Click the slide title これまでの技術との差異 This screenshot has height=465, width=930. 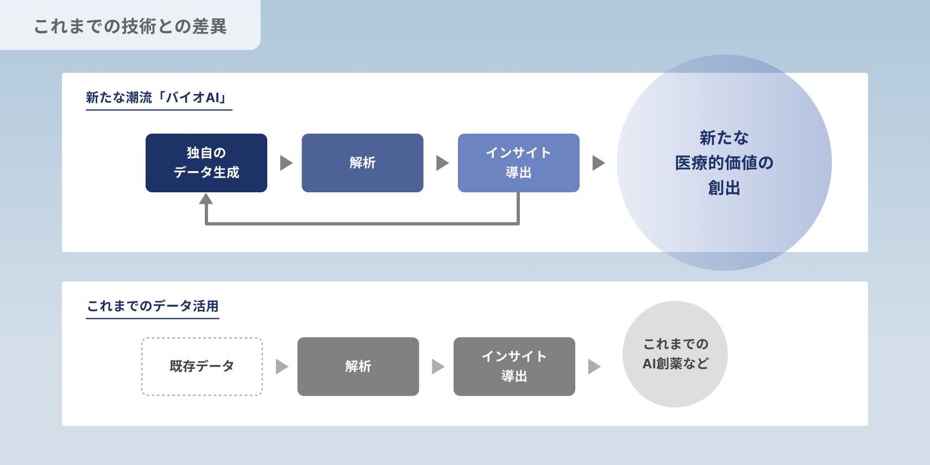[x=130, y=26]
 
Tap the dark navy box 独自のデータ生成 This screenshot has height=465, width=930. [x=206, y=163]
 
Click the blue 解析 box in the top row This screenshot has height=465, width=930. [x=362, y=163]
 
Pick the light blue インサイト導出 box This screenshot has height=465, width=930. [x=518, y=163]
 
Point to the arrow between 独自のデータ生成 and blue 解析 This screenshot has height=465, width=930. [x=286, y=163]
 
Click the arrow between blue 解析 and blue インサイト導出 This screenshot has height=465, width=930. [x=442, y=163]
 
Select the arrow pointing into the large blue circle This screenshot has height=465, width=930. [x=598, y=163]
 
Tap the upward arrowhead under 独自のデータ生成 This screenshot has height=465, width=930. [x=206, y=199]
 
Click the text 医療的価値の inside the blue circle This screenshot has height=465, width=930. [x=724, y=162]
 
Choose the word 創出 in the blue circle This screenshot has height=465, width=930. [x=724, y=188]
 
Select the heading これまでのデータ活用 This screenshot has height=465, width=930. [x=153, y=306]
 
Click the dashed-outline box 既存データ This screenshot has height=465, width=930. [x=202, y=367]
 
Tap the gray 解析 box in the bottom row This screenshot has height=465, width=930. [x=358, y=367]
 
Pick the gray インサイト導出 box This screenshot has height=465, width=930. [x=514, y=367]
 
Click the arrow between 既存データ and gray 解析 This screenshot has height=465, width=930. [x=281, y=367]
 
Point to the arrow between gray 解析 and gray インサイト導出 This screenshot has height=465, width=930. [x=438, y=367]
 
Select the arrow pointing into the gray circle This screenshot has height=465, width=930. [x=594, y=367]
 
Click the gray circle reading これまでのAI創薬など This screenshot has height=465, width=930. [x=675, y=354]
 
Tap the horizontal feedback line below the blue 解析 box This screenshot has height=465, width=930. [x=362, y=223]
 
